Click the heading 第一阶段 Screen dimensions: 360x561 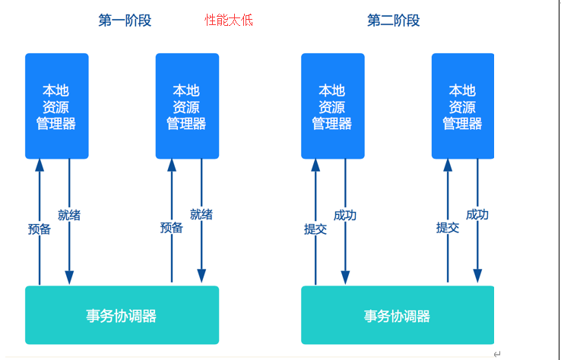(x=125, y=21)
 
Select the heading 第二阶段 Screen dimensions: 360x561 (x=393, y=21)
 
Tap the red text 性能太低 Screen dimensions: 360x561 (x=229, y=21)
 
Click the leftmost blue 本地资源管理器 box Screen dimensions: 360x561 (x=56, y=106)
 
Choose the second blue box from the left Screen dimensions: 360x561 (x=187, y=106)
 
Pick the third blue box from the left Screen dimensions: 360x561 (x=332, y=106)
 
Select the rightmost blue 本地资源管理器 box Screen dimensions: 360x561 (x=462, y=106)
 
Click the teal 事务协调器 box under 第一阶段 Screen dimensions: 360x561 (x=122, y=315)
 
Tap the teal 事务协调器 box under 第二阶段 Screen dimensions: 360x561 (x=398, y=315)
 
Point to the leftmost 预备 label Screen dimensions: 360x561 (x=40, y=229)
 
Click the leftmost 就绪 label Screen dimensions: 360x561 (x=69, y=215)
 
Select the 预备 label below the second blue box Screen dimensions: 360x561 (x=172, y=228)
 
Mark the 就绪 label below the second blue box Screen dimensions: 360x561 (x=201, y=215)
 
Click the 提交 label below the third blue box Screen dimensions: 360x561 (x=315, y=229)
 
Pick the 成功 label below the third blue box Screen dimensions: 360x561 (x=345, y=215)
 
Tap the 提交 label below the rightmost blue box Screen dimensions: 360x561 (x=448, y=228)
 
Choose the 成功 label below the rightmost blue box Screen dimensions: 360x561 (x=477, y=215)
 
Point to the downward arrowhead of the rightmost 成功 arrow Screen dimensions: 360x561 (x=477, y=276)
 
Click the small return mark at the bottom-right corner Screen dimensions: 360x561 (x=496, y=354)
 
